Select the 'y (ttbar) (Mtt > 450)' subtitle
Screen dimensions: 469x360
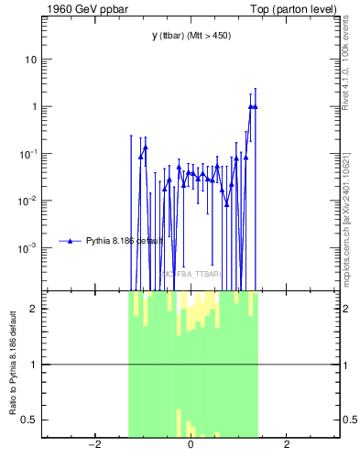[191, 36]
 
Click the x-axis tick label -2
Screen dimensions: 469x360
[93, 445]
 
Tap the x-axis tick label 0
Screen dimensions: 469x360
[191, 445]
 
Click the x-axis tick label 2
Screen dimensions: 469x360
[287, 445]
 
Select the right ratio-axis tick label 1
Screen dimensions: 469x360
[347, 365]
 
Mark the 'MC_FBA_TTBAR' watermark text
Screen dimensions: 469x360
[191, 274]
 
